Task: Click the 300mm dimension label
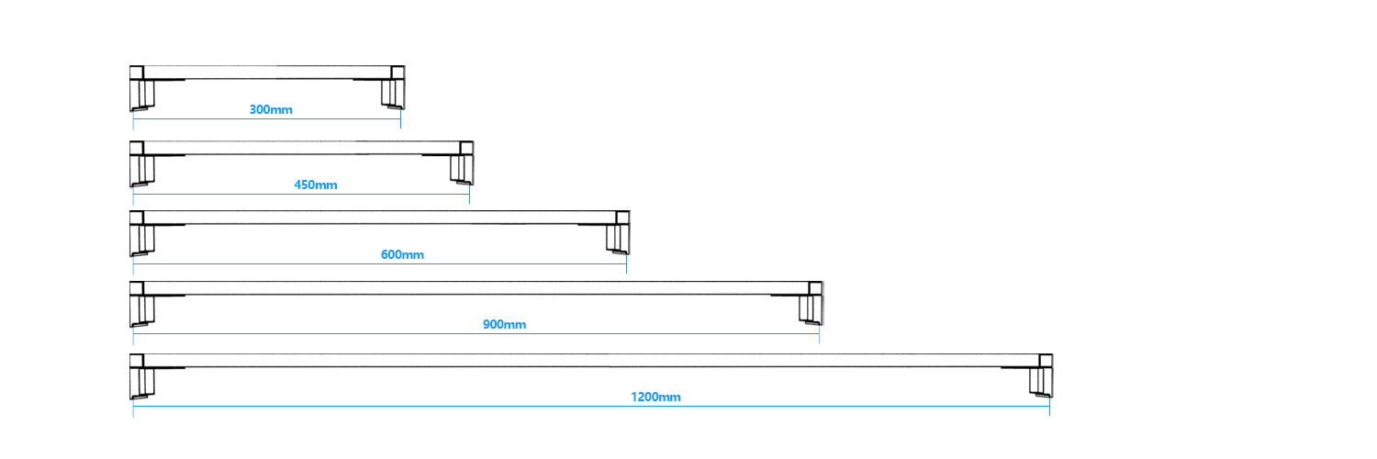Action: coord(271,109)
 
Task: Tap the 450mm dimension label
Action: coord(316,185)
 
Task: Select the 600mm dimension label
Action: coord(402,254)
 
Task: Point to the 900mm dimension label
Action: coord(504,324)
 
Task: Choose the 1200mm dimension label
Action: coord(655,397)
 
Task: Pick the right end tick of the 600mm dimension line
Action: coord(626,263)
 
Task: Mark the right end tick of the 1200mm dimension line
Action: coord(1050,406)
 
